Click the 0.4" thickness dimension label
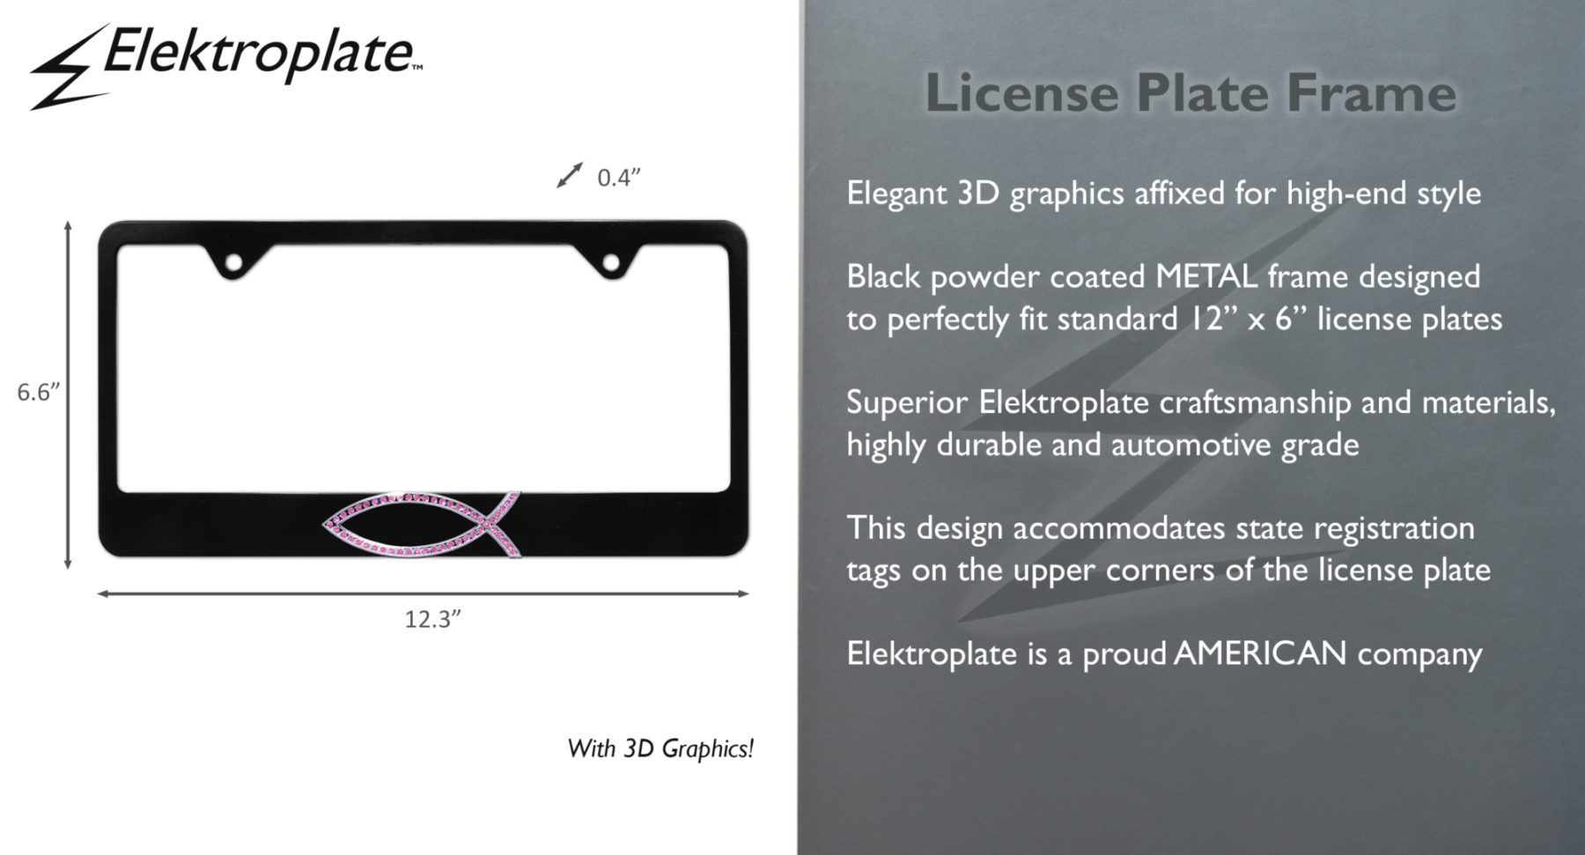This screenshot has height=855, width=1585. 618,178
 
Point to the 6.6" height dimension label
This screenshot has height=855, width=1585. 38,393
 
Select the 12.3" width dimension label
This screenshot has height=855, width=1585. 432,619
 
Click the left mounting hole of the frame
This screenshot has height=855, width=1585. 235,262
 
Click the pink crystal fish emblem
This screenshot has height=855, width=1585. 423,525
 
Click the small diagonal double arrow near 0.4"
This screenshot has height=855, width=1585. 570,175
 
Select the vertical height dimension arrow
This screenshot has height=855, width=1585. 68,395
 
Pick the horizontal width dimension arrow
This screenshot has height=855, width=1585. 423,593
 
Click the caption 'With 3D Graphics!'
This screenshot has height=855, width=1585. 660,748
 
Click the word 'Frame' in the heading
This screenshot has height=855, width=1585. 1371,93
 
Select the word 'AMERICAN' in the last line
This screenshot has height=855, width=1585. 1260,653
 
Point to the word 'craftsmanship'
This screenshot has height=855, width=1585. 1255,403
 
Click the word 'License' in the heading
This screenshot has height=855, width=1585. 1021,93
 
